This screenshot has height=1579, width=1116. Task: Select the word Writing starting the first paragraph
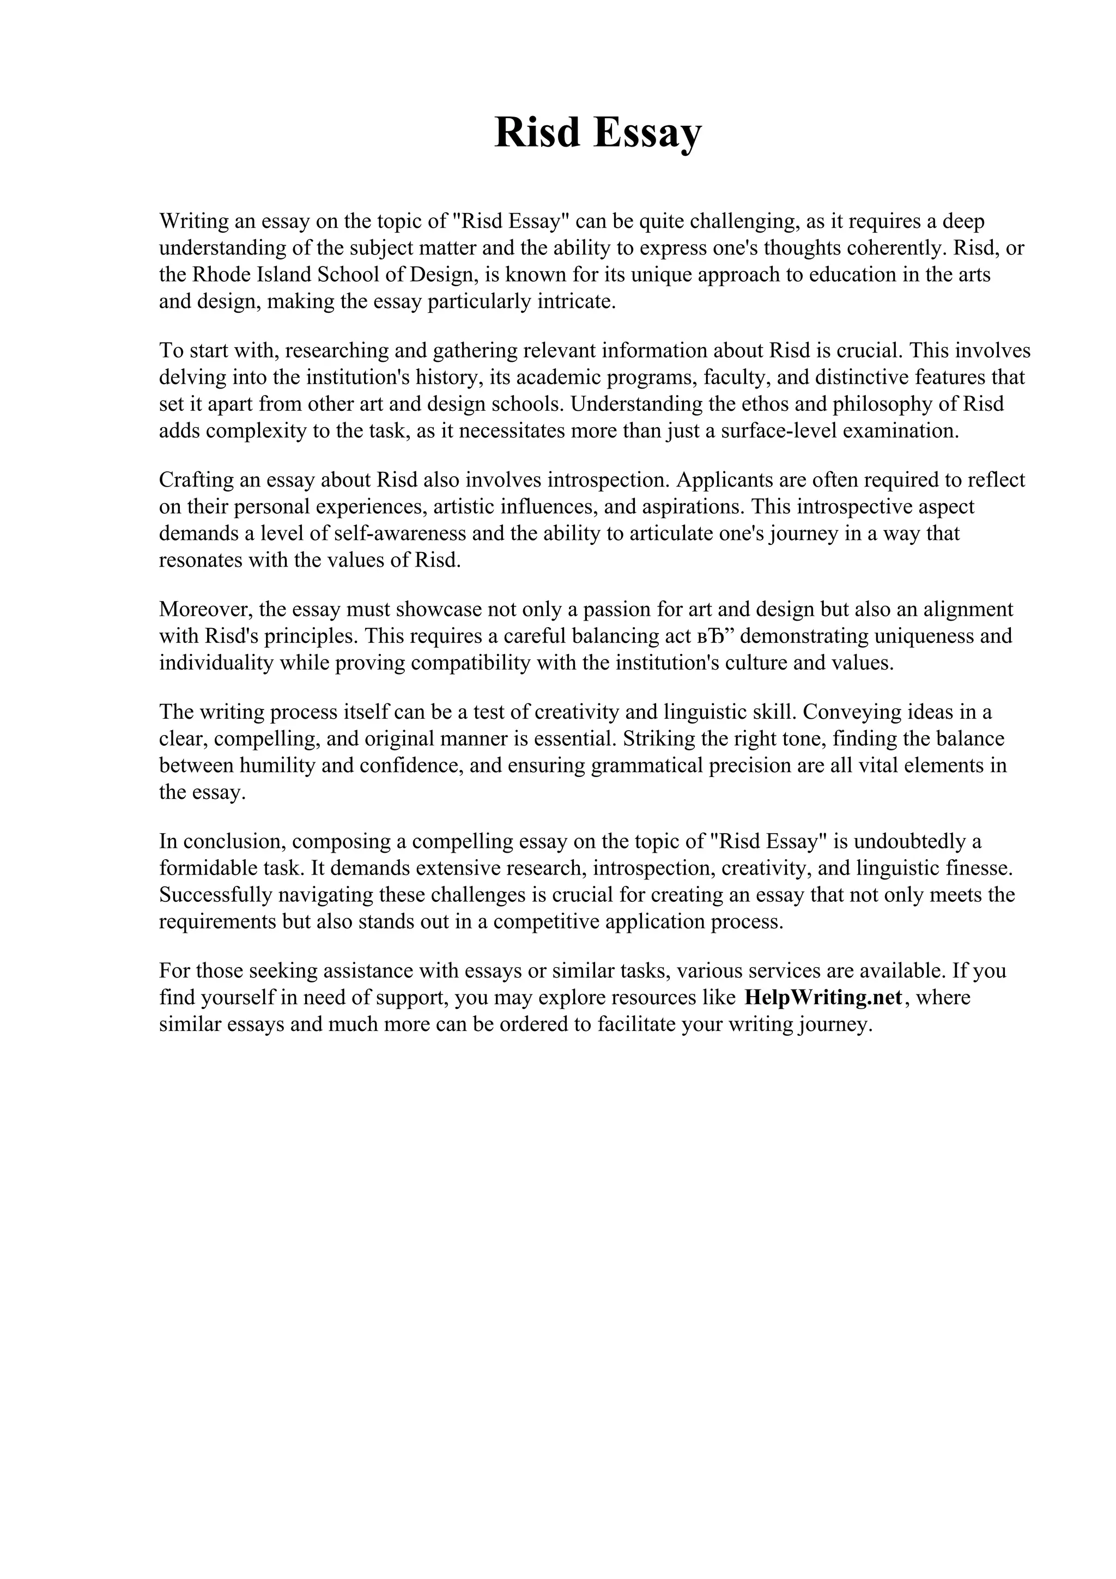pos(195,221)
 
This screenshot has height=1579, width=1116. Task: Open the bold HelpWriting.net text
pos(823,997)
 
